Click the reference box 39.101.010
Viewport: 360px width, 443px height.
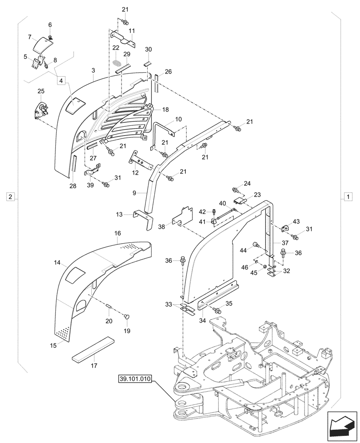click(135, 379)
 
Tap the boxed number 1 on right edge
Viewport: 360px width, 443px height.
click(348, 196)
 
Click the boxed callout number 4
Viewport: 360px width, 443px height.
click(62, 80)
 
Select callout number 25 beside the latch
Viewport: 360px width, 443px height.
click(40, 92)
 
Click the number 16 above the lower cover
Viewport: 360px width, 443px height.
click(117, 233)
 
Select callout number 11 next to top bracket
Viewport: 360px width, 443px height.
click(132, 30)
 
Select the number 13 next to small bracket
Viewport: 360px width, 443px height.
click(126, 215)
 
